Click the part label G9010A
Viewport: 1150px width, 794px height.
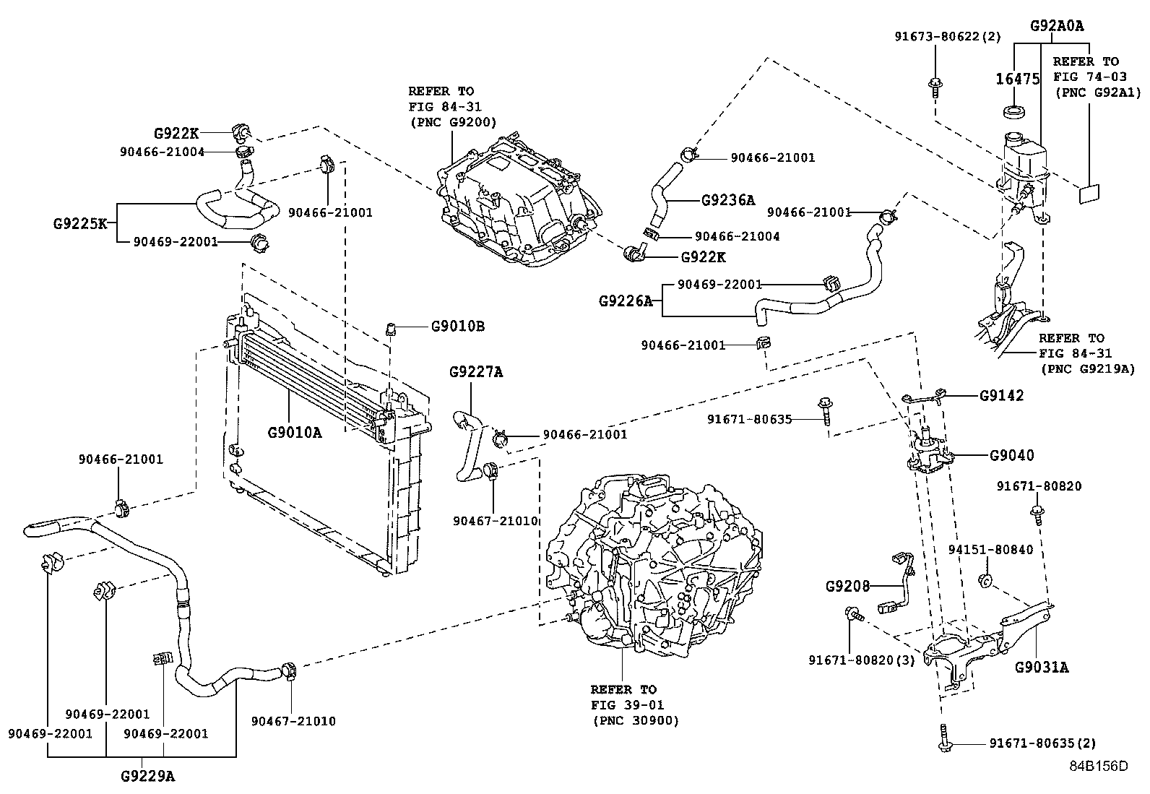pyautogui.click(x=295, y=433)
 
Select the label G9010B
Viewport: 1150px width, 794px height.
pyautogui.click(x=457, y=327)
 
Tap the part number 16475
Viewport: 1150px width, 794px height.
pyautogui.click(x=1017, y=79)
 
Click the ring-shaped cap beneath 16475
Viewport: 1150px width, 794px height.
pyautogui.click(x=1016, y=112)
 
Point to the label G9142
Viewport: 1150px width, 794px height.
pyautogui.click(x=1001, y=396)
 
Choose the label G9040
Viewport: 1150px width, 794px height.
pyautogui.click(x=1011, y=455)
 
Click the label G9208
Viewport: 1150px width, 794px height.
pyautogui.click(x=848, y=586)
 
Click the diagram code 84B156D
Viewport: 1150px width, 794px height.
pyautogui.click(x=1098, y=767)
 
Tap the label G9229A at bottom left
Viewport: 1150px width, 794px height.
pyautogui.click(x=147, y=777)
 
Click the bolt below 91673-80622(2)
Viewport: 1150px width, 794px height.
pyautogui.click(x=935, y=87)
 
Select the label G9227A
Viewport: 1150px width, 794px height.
pyautogui.click(x=475, y=372)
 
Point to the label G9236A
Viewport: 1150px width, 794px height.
pyautogui.click(x=727, y=200)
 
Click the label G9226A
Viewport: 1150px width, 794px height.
pyautogui.click(x=625, y=301)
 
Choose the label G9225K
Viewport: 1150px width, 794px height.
pyautogui.click(x=79, y=223)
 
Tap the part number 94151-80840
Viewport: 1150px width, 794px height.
pyautogui.click(x=990, y=550)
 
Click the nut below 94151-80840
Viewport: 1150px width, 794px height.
pyautogui.click(x=983, y=579)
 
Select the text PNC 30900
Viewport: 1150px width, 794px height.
pyautogui.click(x=635, y=720)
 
